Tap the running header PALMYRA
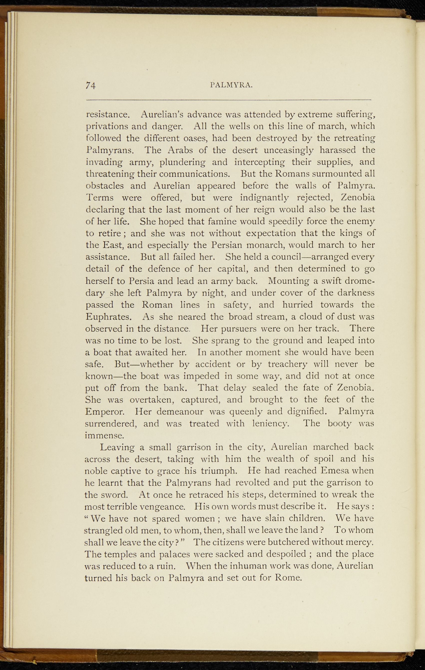point(232,85)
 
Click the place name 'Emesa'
point(336,471)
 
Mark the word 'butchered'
point(300,543)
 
